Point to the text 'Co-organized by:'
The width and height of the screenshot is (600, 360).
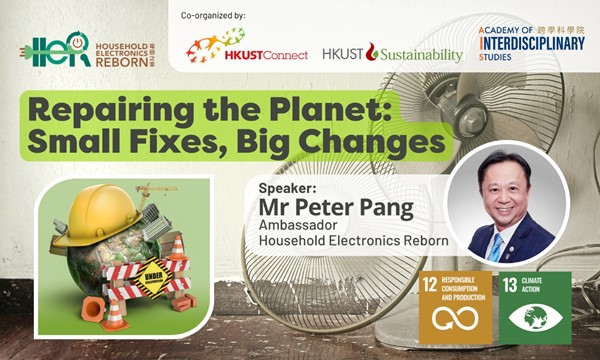[212, 15]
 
